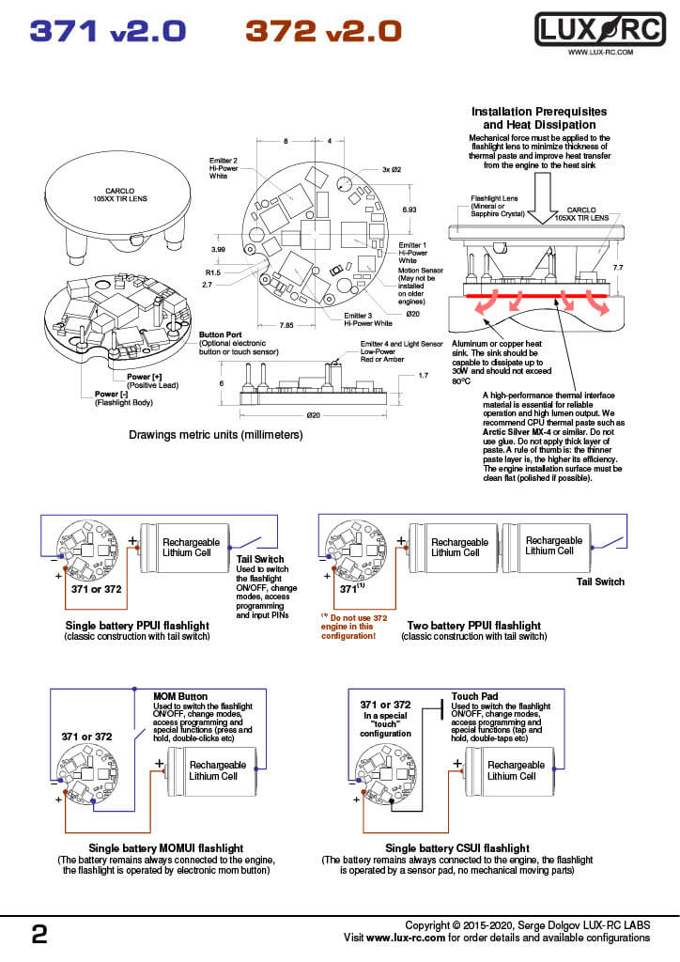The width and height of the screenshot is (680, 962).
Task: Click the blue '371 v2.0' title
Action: pyautogui.click(x=108, y=31)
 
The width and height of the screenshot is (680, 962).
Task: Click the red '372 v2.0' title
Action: pyautogui.click(x=323, y=31)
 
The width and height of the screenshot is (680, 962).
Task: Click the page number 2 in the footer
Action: pyautogui.click(x=39, y=934)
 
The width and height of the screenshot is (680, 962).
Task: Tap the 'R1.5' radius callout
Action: pyautogui.click(x=213, y=272)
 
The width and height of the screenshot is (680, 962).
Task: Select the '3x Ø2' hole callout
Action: pyautogui.click(x=393, y=169)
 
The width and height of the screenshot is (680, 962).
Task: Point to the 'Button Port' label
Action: pyautogui.click(x=222, y=335)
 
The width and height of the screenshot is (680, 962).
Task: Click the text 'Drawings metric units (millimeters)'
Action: pyautogui.click(x=215, y=435)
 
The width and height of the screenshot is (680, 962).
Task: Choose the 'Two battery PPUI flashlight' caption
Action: pyautogui.click(x=473, y=626)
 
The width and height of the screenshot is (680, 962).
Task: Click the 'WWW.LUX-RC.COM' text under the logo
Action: pyautogui.click(x=600, y=54)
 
